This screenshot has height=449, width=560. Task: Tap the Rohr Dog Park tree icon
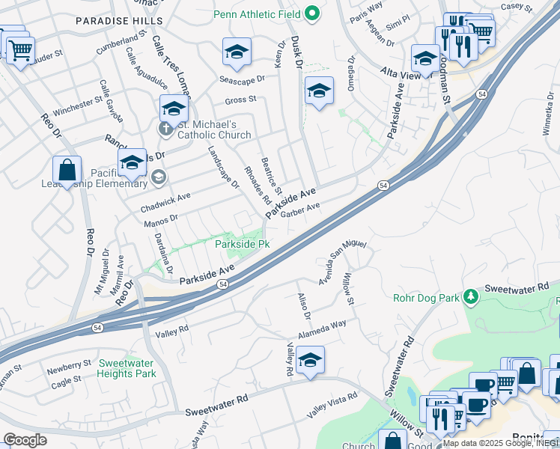click(x=470, y=297)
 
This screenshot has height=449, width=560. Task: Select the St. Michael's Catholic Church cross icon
click(x=166, y=129)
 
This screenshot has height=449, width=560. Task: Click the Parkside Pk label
click(x=242, y=244)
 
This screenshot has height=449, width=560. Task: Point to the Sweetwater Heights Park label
click(x=127, y=367)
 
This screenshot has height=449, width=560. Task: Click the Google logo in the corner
click(x=24, y=440)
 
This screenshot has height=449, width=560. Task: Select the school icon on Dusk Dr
click(x=319, y=91)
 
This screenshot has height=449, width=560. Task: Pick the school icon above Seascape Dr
click(x=237, y=52)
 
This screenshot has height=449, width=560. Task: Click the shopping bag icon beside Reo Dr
click(x=67, y=169)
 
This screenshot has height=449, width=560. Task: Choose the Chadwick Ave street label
click(x=165, y=201)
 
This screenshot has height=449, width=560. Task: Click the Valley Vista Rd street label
click(x=332, y=409)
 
